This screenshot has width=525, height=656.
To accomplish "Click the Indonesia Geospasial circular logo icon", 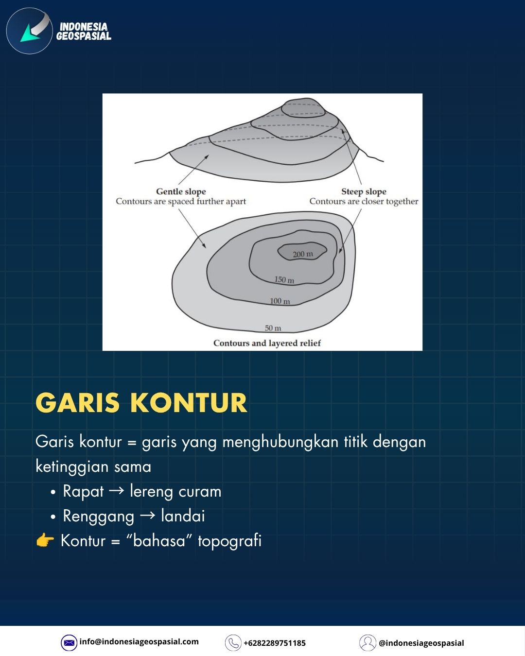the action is pos(29,31).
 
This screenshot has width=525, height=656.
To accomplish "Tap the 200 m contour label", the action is pos(303,254).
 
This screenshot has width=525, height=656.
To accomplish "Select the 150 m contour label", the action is pos(284,279).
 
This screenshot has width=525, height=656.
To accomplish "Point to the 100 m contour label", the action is pos(280,301).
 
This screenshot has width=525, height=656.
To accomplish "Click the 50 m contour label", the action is pos(273,328).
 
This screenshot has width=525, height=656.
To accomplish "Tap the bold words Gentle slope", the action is pos(181,191).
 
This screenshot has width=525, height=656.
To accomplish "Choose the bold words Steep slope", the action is pos(364,191).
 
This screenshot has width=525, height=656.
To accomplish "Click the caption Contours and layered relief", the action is pos(267,343).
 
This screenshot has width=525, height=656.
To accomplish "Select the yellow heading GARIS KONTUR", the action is pos(141,402).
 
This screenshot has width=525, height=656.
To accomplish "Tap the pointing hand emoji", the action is pos(45,540).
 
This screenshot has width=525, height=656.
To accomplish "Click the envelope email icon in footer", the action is pos(69,642).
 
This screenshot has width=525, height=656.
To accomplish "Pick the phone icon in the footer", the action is pos(233,642).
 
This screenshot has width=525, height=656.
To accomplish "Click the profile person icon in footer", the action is pos(367,642).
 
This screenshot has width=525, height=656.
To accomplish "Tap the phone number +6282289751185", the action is pos(275,643).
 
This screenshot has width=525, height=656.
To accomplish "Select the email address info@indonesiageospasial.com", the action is pos(139,642).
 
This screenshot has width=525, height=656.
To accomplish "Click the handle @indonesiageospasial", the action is pos(421,643).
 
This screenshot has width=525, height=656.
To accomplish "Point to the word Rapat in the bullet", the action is pos(83,492).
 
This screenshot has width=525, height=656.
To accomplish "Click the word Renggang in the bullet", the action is pos(99,517).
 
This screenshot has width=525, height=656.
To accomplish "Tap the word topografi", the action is pos(230,541).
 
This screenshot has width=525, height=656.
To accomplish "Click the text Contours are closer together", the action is pos(364,201).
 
